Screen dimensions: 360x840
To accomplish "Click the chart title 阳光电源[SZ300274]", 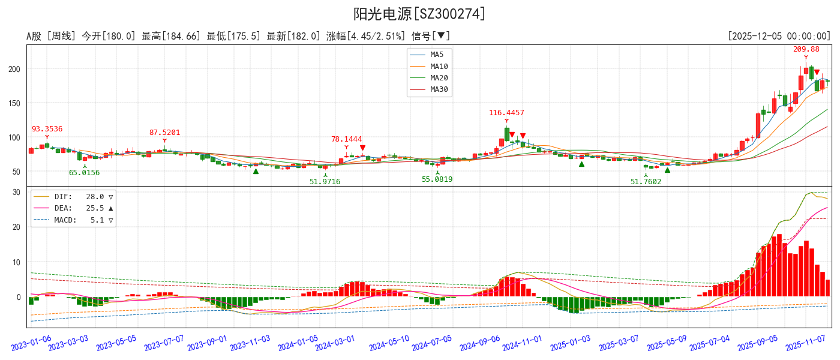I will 419,14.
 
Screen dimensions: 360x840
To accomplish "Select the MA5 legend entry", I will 439,55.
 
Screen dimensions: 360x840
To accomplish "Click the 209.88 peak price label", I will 806,49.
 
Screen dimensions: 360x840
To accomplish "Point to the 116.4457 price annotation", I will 506,113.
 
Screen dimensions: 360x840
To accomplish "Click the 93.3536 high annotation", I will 47,129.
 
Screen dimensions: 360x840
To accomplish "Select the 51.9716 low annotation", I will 325,182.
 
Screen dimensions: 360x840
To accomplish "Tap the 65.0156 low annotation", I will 84,173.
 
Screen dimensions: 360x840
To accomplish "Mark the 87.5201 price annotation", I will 164,133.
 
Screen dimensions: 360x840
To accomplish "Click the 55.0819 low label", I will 437,179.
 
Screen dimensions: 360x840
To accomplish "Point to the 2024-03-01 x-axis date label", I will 335,342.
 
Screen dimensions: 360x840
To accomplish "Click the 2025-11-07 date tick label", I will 806,342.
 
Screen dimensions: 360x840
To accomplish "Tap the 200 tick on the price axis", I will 14,69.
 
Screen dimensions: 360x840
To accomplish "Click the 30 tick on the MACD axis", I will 17,193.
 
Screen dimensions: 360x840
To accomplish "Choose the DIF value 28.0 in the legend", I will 95,197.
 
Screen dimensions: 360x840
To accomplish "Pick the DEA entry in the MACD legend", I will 64,208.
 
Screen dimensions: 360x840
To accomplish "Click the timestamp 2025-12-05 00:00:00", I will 779,37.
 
